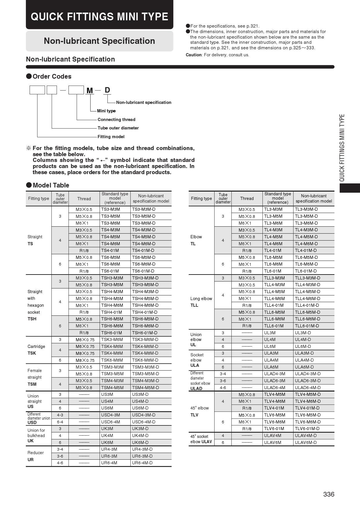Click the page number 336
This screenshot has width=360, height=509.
coord(329,494)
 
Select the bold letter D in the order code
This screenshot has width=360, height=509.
coord(107,90)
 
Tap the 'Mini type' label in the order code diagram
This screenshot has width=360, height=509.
coord(106,111)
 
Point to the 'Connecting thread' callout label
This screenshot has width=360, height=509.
coord(116,120)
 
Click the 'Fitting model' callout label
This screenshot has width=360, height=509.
coord(111,137)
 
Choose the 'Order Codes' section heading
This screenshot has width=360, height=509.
coord(52,77)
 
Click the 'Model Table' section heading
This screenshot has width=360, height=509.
coord(51,185)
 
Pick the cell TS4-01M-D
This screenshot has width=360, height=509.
coord(143,250)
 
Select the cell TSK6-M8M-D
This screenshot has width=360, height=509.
coord(145,360)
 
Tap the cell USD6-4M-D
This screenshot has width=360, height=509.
coord(144,422)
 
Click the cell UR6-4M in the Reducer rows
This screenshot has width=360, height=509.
coord(109,463)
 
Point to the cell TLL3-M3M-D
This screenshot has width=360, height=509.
coord(307,278)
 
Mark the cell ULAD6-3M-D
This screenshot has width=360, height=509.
coord(308,381)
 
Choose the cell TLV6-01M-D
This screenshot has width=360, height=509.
coord(307,429)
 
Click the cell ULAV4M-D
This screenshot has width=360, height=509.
coord(306,436)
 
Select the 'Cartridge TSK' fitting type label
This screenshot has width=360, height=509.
coord(36,350)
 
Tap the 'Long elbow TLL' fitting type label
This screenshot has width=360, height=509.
coord(201,302)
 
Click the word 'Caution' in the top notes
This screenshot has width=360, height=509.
coord(194,55)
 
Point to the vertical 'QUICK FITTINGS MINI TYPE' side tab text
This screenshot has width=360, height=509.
coord(342,148)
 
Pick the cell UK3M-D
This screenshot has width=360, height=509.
coord(140,429)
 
